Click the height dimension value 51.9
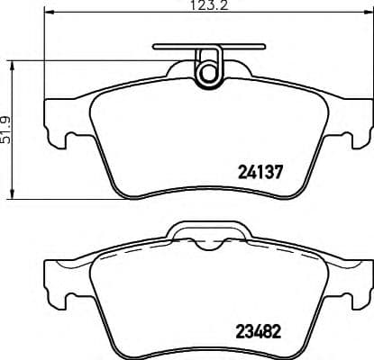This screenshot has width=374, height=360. coord(7,125)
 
